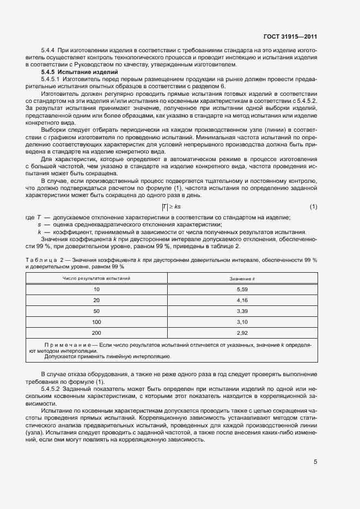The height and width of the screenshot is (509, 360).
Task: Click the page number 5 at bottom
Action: point(315,462)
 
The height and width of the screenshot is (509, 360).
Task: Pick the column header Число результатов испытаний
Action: point(96,279)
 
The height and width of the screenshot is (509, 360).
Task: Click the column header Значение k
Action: point(242,279)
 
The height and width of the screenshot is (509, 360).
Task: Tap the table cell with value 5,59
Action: point(242,290)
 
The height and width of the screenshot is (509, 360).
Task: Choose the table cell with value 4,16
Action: point(242,300)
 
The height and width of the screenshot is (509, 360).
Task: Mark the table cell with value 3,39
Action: point(242,311)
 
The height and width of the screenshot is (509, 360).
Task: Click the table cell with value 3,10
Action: point(242,321)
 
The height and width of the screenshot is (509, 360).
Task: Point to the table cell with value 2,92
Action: point(242,332)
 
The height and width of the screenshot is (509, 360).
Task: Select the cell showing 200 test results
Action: point(96,332)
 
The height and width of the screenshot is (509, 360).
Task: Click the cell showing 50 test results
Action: point(96,311)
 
